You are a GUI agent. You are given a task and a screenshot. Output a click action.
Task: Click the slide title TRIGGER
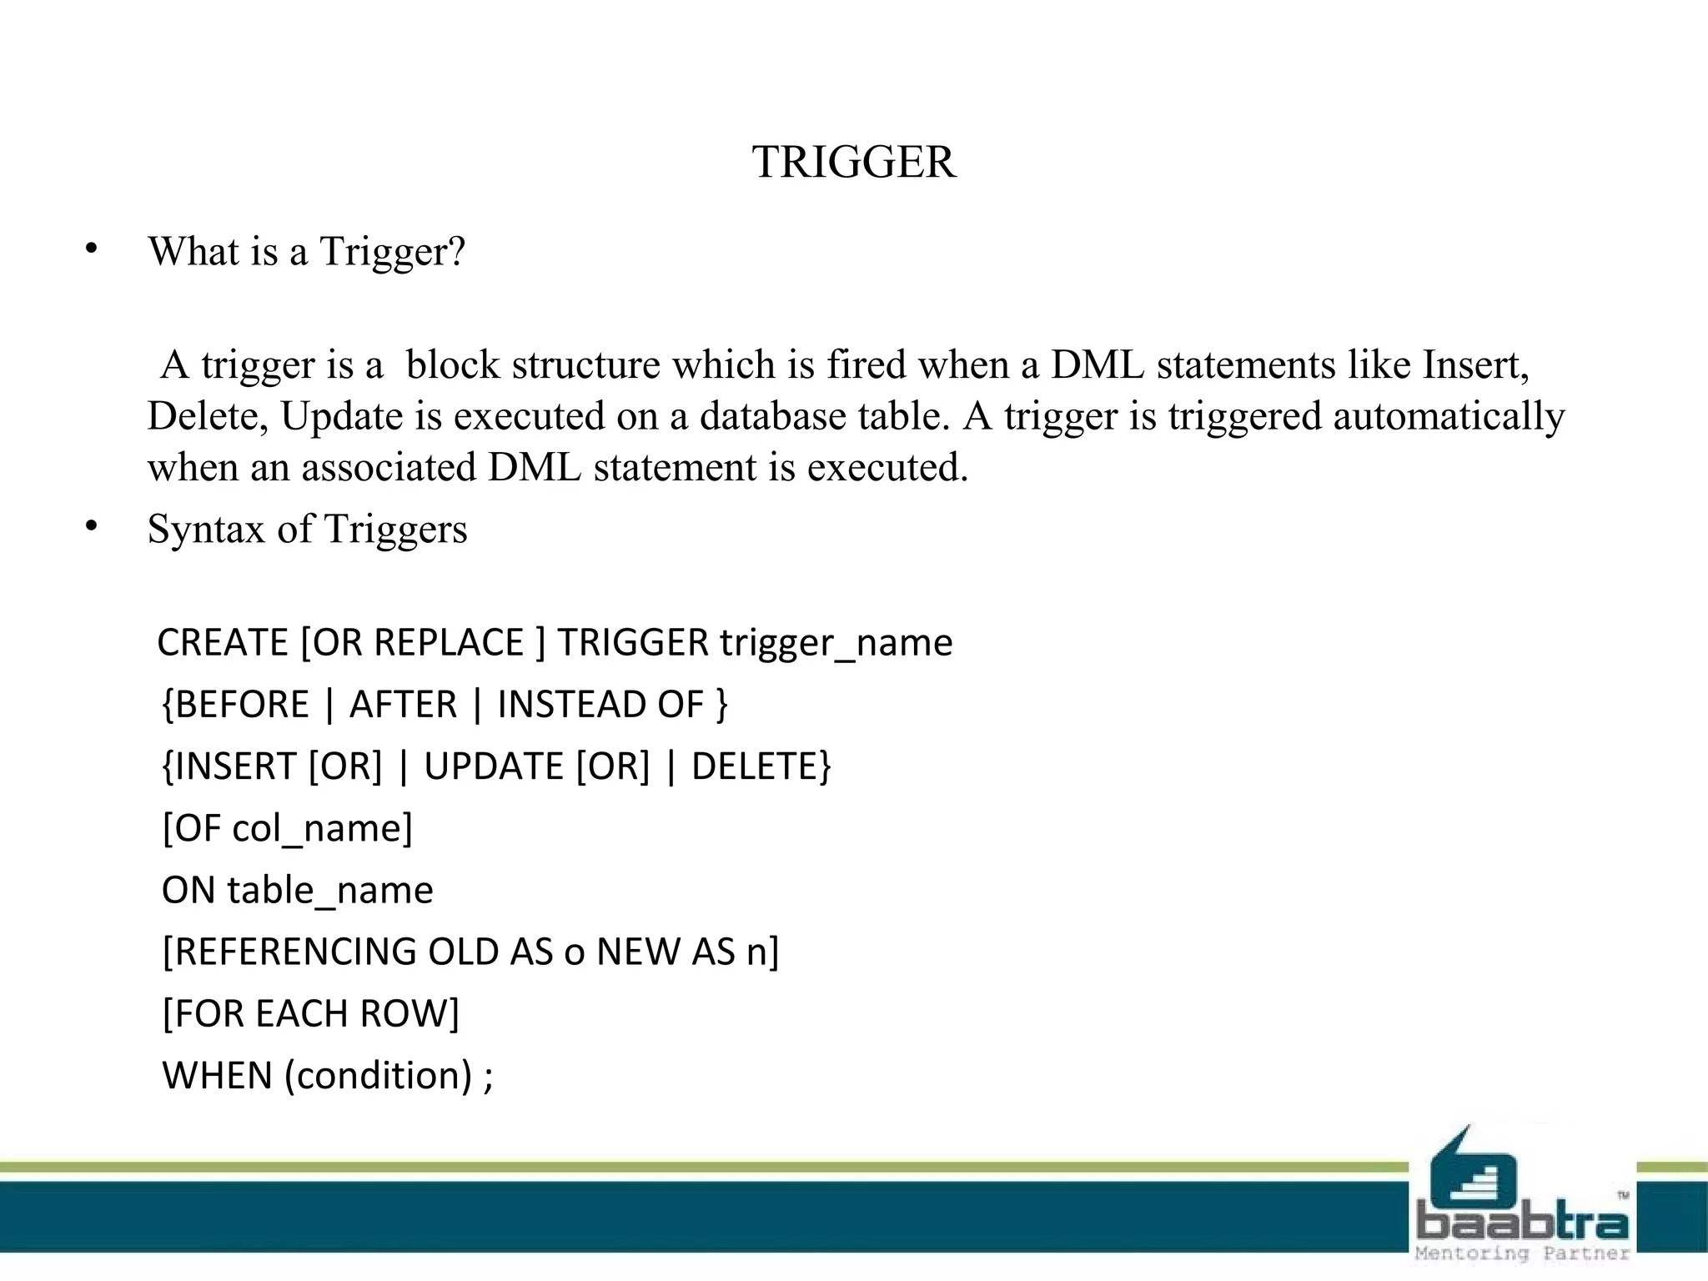853,162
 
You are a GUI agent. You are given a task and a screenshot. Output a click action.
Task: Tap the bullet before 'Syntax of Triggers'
92,525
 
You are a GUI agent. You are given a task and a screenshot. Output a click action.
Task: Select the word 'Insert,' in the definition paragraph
1475,364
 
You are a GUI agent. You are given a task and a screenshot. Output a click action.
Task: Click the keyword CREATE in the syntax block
223,643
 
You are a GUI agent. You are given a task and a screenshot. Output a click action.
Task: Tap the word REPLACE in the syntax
449,643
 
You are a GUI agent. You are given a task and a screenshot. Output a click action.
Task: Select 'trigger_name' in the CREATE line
836,643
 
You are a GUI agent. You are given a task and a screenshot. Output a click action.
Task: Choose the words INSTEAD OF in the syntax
600,705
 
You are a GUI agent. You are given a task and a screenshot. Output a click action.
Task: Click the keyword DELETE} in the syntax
761,766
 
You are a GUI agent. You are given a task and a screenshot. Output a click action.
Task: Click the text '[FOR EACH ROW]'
310,1014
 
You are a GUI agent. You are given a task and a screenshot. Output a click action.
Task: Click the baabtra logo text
1522,1223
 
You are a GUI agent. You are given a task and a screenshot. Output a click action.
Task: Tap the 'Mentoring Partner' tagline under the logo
1522,1253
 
